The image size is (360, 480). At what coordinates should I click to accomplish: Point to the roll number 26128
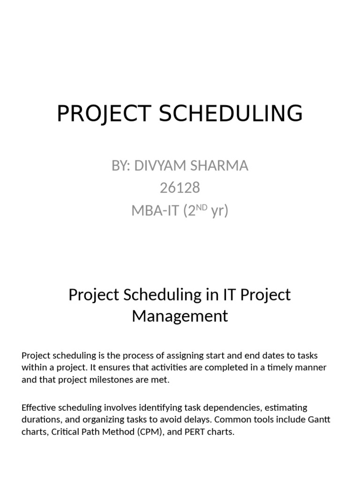point(180,188)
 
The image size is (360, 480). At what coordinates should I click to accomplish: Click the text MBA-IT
point(155,211)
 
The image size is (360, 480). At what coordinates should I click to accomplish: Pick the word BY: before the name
point(121,165)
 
